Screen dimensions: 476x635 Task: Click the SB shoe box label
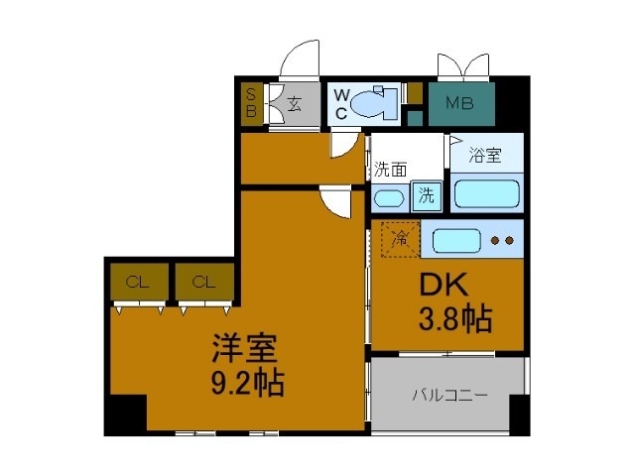click(x=251, y=102)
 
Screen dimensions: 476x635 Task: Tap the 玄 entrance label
click(x=295, y=102)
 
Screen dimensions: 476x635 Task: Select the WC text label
click(x=340, y=103)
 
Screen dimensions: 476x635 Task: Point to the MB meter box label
click(x=458, y=102)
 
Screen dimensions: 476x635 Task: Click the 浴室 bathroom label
click(x=486, y=156)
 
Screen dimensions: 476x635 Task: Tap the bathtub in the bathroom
click(x=488, y=191)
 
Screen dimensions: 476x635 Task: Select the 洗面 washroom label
click(x=390, y=170)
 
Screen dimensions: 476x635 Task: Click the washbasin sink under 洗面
click(x=389, y=196)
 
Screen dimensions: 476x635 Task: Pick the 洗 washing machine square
click(x=427, y=195)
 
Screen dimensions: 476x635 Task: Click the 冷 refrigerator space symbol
click(x=401, y=239)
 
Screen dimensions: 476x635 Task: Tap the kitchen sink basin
click(x=455, y=240)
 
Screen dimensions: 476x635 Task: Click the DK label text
click(x=444, y=286)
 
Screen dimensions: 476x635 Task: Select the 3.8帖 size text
click(x=455, y=319)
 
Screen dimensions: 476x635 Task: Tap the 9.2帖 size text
click(x=246, y=382)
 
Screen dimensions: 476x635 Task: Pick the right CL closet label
click(x=203, y=282)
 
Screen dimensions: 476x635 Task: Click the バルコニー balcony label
click(x=449, y=395)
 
